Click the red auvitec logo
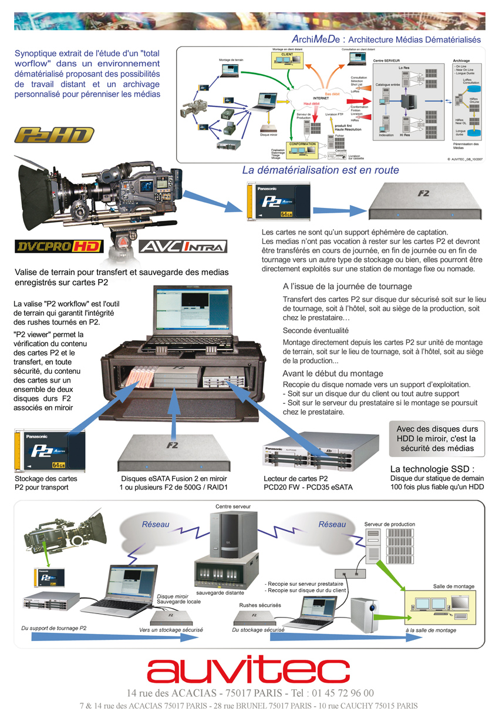coord(248,670)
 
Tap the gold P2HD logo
coord(55,135)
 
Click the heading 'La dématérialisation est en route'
coord(321,170)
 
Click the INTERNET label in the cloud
coord(321,98)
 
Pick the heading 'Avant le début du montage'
coord(333,373)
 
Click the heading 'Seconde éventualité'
coord(315,330)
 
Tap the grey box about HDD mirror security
coord(437,438)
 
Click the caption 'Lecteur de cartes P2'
coord(295,479)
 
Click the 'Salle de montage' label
coord(454,586)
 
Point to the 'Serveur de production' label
coord(389,524)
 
